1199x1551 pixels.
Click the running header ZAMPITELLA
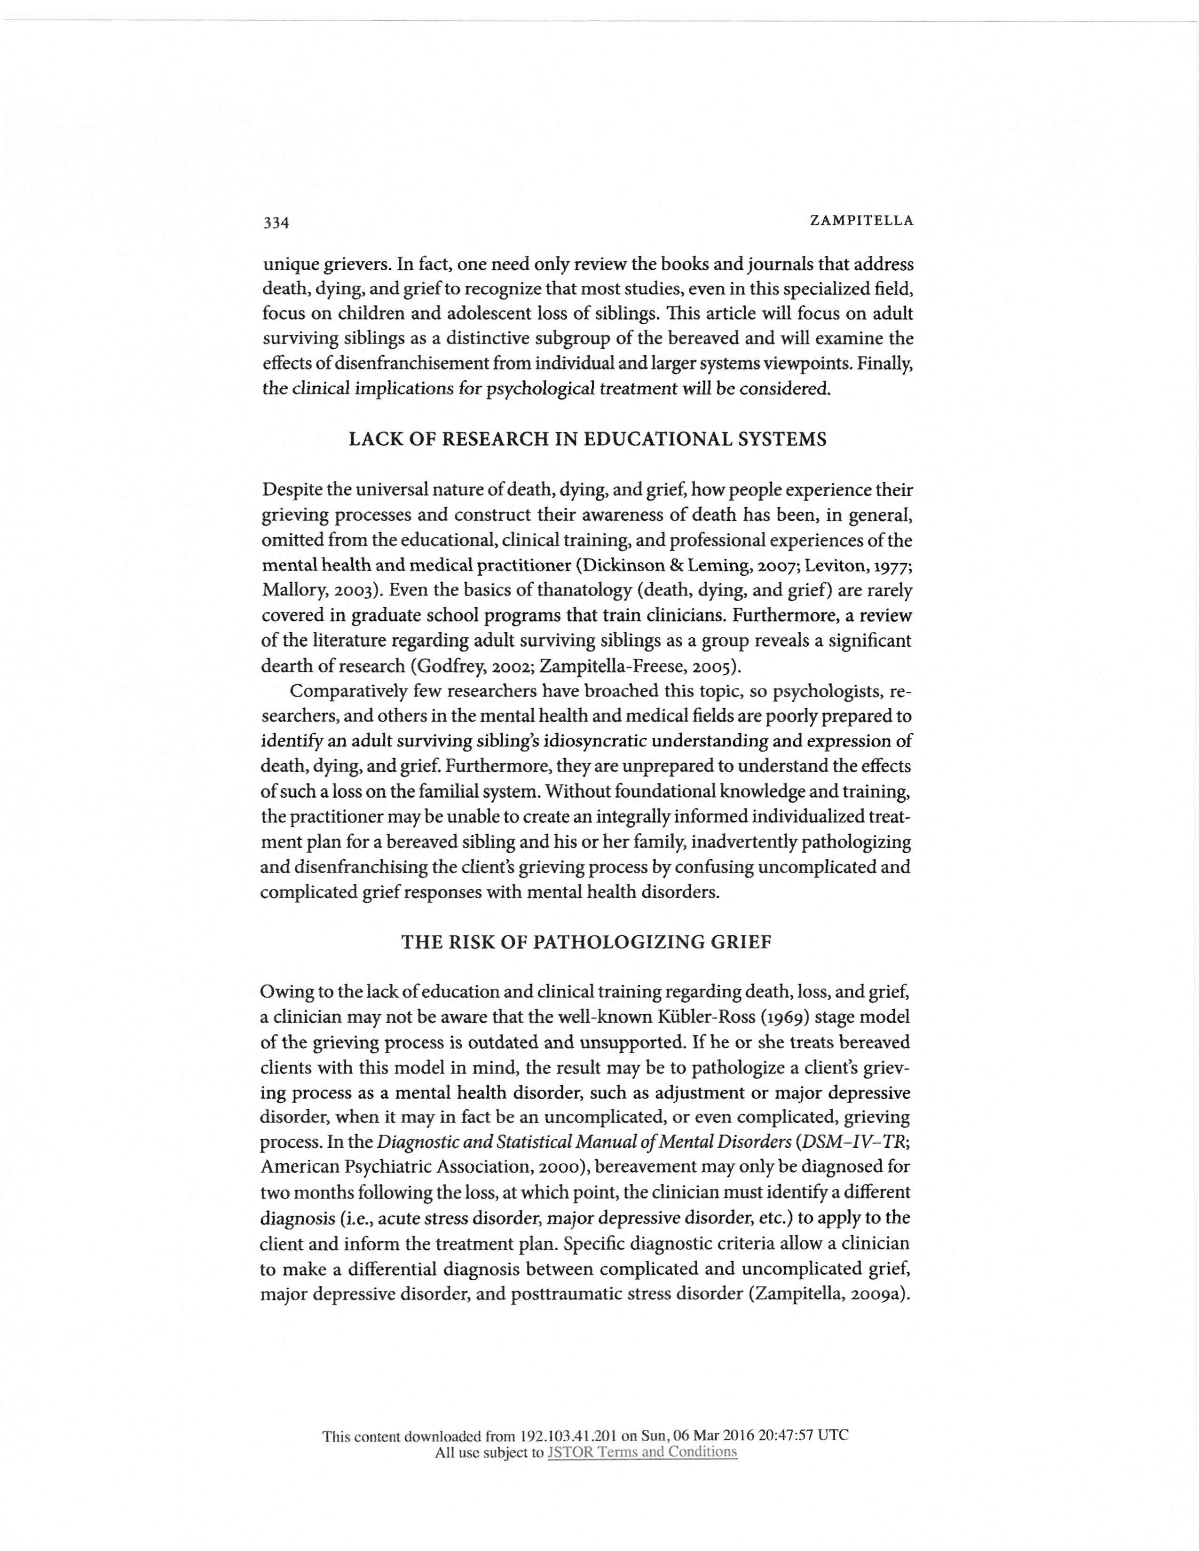(861, 221)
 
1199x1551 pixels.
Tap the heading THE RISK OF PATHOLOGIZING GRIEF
(587, 942)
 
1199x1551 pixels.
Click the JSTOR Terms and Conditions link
(642, 1452)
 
